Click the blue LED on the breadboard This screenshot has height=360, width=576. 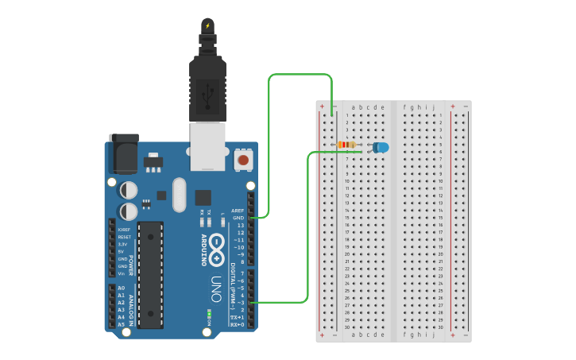[x=381, y=147]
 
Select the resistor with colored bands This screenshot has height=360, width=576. [x=346, y=145]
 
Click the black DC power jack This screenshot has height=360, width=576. [x=123, y=154]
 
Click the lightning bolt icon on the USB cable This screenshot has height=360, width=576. [x=208, y=25]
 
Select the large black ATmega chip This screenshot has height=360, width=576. [x=150, y=275]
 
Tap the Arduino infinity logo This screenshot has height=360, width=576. [x=215, y=243]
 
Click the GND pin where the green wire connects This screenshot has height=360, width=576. [x=251, y=217]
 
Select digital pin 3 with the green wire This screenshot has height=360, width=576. [x=251, y=303]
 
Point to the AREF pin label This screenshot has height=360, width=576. [x=238, y=211]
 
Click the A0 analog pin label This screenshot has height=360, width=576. [x=121, y=288]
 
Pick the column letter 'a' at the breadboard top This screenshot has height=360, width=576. [x=354, y=107]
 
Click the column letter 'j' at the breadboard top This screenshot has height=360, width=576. [x=434, y=107]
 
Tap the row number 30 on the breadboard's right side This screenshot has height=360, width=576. [x=440, y=327]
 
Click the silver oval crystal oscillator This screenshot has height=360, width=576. [x=177, y=195]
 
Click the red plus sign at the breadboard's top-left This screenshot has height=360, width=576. [x=322, y=106]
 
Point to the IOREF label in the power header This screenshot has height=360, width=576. [x=124, y=230]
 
